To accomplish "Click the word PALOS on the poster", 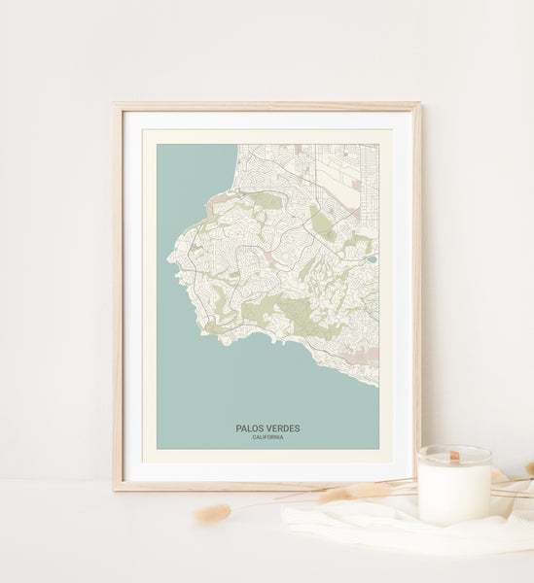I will click(251, 429).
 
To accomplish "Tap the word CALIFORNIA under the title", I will click(267, 437).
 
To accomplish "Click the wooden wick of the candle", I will click(454, 455).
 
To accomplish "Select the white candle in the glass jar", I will click(454, 492).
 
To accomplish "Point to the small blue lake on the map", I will click(372, 259).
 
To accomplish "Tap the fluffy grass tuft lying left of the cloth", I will click(212, 513).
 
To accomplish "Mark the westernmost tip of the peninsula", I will click(169, 258).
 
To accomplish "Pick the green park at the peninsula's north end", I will click(265, 200).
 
